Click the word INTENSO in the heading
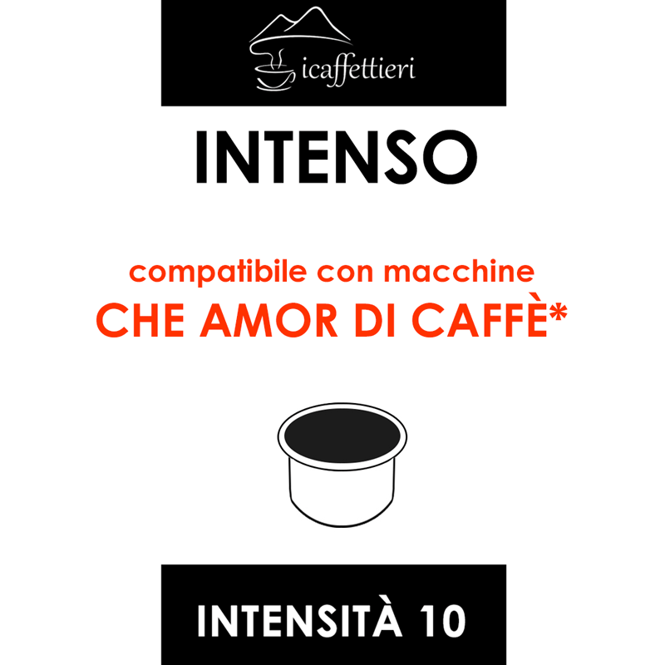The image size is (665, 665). [337, 157]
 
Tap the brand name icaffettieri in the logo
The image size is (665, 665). [359, 70]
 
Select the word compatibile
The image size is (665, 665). [218, 272]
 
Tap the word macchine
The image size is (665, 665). [459, 271]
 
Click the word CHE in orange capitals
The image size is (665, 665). [140, 320]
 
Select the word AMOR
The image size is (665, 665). [268, 320]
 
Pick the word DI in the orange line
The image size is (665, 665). [375, 320]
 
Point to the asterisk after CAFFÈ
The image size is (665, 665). [558, 313]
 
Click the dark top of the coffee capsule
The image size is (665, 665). [342, 436]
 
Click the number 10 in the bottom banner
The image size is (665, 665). [443, 621]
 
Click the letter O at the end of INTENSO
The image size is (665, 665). [450, 157]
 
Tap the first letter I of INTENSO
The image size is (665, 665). [201, 157]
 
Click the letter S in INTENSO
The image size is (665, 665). [401, 157]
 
